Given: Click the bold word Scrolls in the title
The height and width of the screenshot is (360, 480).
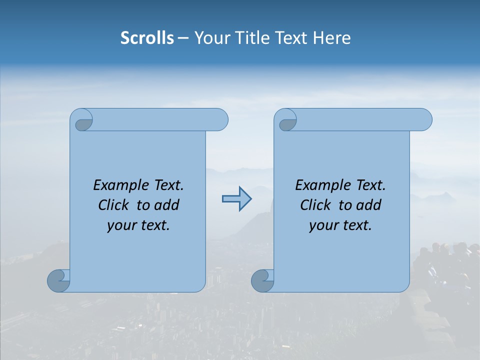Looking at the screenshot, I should coord(147,38).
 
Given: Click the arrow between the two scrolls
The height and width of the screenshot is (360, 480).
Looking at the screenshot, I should coord(236,199).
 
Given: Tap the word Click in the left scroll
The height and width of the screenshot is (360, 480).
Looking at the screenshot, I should coord(115,205).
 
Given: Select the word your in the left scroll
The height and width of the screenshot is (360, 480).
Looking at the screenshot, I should coord(120,226).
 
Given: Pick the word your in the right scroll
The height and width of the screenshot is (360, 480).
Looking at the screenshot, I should coord(322,226).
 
